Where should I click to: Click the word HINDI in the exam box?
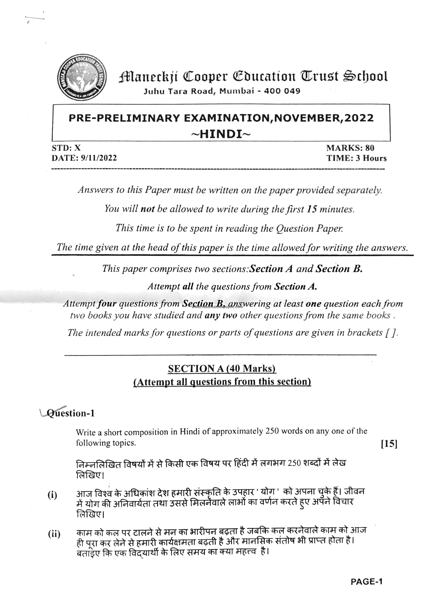point(221,134)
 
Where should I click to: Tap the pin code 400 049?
point(282,91)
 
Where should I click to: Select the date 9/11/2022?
point(99,158)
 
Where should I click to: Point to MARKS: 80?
point(350,148)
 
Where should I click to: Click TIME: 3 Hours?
point(356,158)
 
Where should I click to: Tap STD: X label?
point(66,148)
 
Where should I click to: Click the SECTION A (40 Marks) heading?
point(222,369)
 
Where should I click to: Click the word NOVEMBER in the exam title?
point(307,118)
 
